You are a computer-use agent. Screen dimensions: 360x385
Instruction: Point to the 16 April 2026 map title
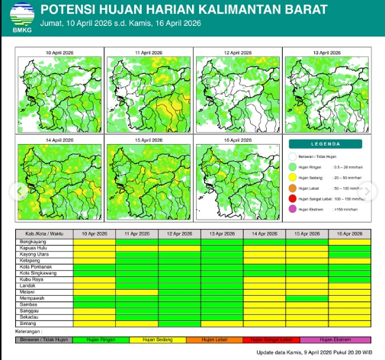tap(238, 140)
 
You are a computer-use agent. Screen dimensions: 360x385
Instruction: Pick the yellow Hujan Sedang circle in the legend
tap(293, 177)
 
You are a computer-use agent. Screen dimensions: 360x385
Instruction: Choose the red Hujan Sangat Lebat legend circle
tap(293, 198)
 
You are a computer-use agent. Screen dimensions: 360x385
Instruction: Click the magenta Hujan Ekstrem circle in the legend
tap(293, 209)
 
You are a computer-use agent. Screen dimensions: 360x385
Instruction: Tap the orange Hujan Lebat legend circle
tap(293, 188)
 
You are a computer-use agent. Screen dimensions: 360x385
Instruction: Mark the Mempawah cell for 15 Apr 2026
tap(306, 297)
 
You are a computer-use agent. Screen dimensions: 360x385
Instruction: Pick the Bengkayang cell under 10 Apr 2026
tap(94, 242)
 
